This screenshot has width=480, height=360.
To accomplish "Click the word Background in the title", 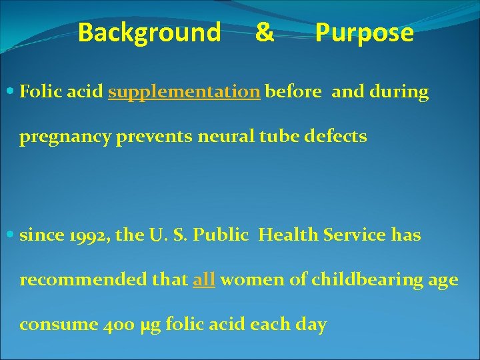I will pos(149,32).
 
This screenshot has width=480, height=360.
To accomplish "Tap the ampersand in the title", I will pos(264,32).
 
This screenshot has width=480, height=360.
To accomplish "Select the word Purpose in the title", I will pos(364,32).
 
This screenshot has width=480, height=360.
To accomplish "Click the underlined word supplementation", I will pos(184,92).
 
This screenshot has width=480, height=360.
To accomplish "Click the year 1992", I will pos(73,235).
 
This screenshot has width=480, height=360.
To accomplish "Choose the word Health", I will pos(287,235).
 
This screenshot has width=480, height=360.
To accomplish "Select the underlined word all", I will pos(203,280).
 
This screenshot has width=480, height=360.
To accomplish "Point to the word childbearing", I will pos(352,280).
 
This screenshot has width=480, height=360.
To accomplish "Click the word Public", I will pos(229,235).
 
